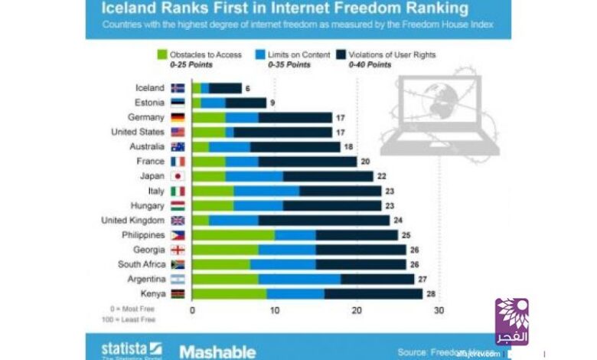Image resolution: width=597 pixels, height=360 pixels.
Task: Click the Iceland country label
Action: (x=149, y=88)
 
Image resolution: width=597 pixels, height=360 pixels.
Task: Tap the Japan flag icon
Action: (x=178, y=176)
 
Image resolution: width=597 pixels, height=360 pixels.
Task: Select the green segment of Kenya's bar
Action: (x=229, y=293)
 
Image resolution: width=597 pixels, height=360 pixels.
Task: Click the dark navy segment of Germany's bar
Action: (x=295, y=118)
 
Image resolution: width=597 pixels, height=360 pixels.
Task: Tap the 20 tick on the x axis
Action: (x=357, y=311)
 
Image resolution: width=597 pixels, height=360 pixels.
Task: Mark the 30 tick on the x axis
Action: (x=439, y=311)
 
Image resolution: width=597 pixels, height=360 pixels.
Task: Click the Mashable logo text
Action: (x=217, y=352)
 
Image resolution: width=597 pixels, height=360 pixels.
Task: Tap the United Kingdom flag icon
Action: (x=178, y=220)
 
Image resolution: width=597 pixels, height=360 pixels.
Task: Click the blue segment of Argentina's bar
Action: (x=299, y=279)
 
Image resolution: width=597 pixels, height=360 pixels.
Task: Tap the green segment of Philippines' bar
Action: (x=233, y=234)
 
